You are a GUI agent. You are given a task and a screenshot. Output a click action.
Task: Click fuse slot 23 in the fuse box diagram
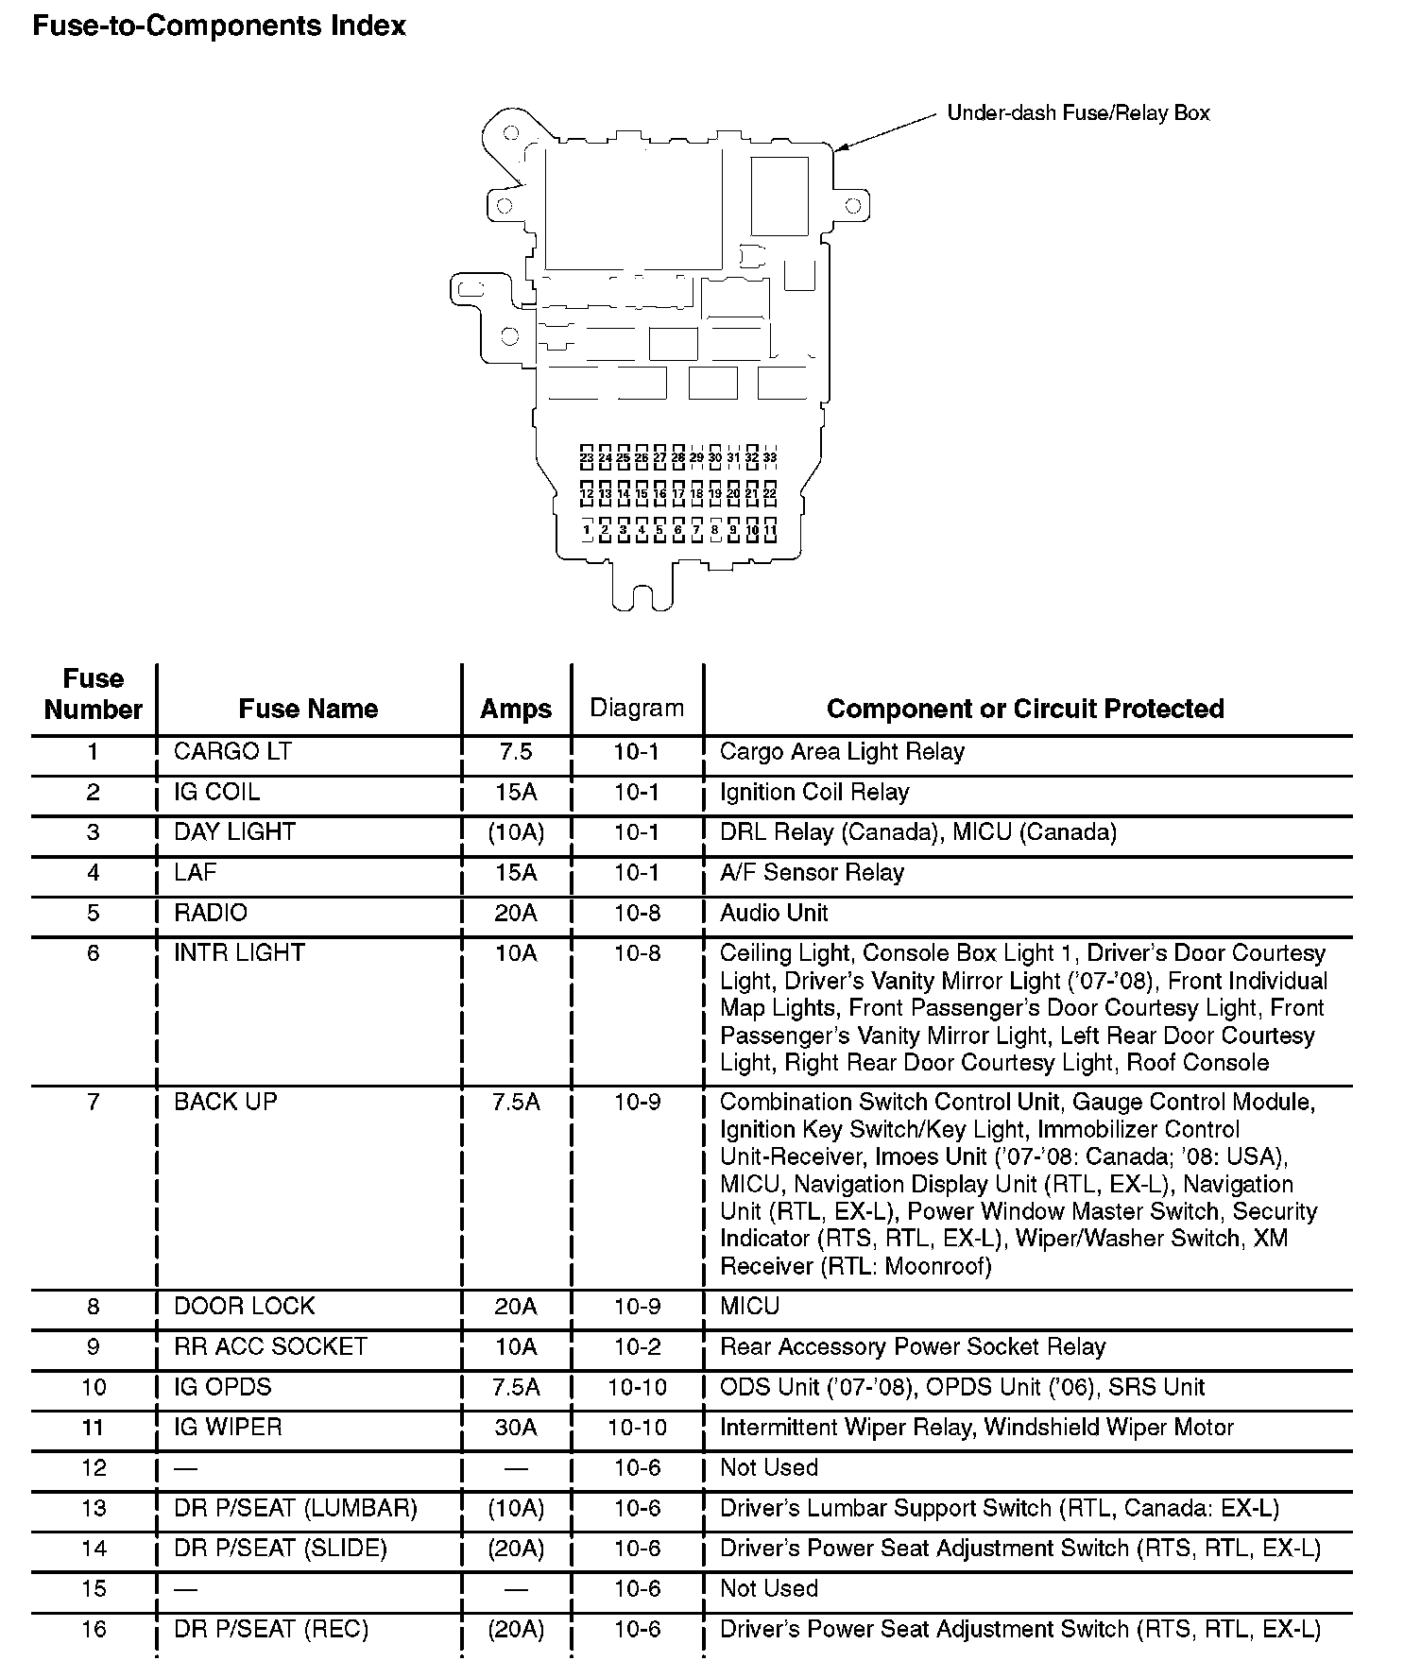pyautogui.click(x=587, y=457)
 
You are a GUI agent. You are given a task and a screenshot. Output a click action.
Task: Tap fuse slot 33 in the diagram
pyautogui.click(x=770, y=457)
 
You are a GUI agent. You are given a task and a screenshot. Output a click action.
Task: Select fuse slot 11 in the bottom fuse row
pyautogui.click(x=770, y=530)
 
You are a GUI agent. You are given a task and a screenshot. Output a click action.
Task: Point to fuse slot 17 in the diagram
pyautogui.click(x=678, y=493)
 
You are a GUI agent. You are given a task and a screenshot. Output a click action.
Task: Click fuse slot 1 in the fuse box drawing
pyautogui.click(x=587, y=530)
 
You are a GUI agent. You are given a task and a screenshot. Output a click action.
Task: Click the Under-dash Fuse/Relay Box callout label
pyautogui.click(x=1078, y=113)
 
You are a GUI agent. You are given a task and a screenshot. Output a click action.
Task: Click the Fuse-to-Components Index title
pyautogui.click(x=219, y=26)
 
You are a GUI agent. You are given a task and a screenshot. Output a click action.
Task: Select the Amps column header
pyautogui.click(x=516, y=709)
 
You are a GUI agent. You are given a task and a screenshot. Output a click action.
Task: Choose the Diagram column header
pyautogui.click(x=637, y=708)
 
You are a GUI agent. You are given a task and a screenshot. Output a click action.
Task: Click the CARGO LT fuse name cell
pyautogui.click(x=232, y=752)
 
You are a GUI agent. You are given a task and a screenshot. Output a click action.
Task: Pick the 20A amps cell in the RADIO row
pyautogui.click(x=516, y=913)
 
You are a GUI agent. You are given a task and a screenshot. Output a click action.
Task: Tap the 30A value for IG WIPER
pyautogui.click(x=516, y=1427)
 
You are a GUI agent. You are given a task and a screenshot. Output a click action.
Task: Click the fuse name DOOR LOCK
pyautogui.click(x=244, y=1306)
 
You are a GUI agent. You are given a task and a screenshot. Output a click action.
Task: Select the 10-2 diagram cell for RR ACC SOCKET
pyautogui.click(x=637, y=1346)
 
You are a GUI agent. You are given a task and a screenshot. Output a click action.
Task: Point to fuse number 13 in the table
pyautogui.click(x=93, y=1508)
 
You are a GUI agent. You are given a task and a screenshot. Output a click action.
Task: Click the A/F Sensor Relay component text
pyautogui.click(x=812, y=872)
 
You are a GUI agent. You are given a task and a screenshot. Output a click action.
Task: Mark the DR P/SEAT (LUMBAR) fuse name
pyautogui.click(x=295, y=1508)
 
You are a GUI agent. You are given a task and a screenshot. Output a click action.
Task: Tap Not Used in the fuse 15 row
pyautogui.click(x=768, y=1588)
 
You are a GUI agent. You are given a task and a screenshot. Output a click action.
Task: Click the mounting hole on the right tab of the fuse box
pyautogui.click(x=852, y=205)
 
